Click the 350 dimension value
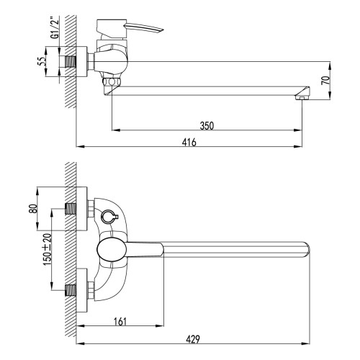pyautogui.click(x=207, y=125)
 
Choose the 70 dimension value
pyautogui.click(x=325, y=81)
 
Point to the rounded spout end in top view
pyautogui.click(x=306, y=251)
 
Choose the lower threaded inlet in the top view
pyautogui.click(x=72, y=292)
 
